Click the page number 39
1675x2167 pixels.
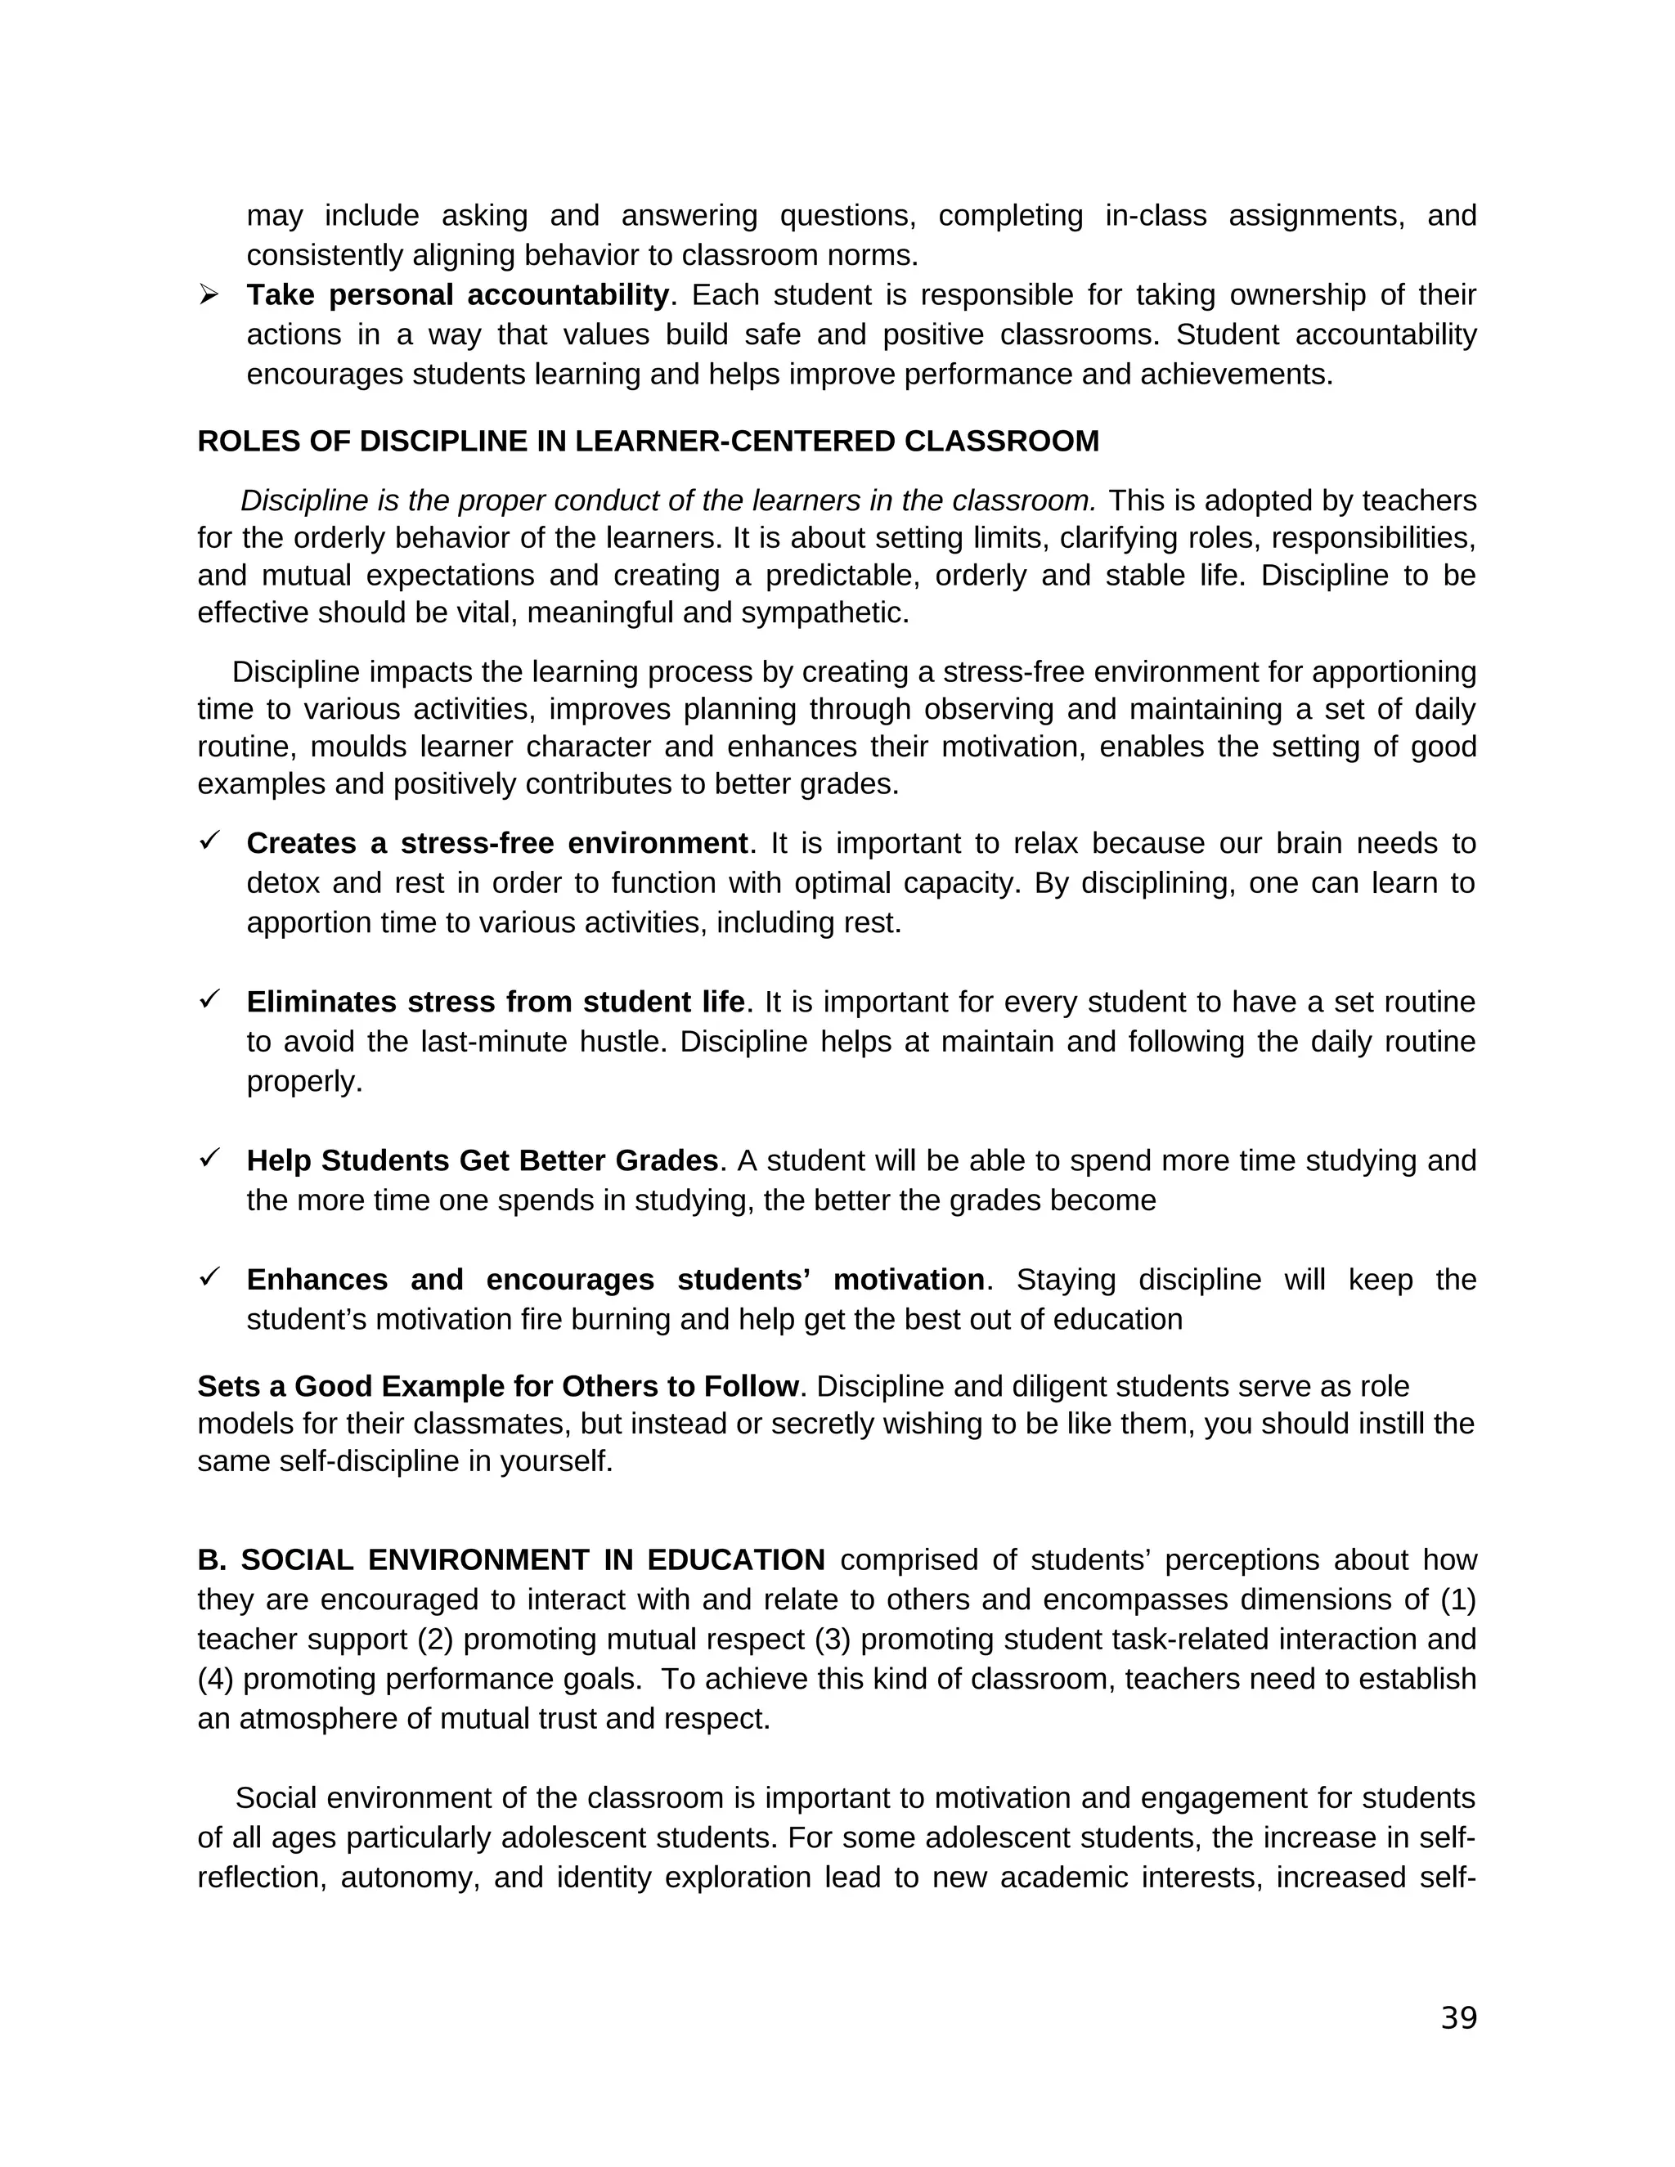1457,2017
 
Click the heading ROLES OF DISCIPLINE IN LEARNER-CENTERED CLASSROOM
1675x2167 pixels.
648,442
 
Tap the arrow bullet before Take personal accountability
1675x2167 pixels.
209,294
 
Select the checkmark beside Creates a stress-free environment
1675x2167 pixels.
209,841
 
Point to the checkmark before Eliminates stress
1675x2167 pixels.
209,999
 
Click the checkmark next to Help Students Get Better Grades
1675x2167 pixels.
209,1158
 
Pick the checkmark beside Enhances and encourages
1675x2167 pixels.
209,1277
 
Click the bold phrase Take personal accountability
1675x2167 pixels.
457,294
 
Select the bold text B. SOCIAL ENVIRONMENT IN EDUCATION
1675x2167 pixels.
511,1559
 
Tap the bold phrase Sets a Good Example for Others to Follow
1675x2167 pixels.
498,1386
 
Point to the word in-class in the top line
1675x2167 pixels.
1155,215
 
